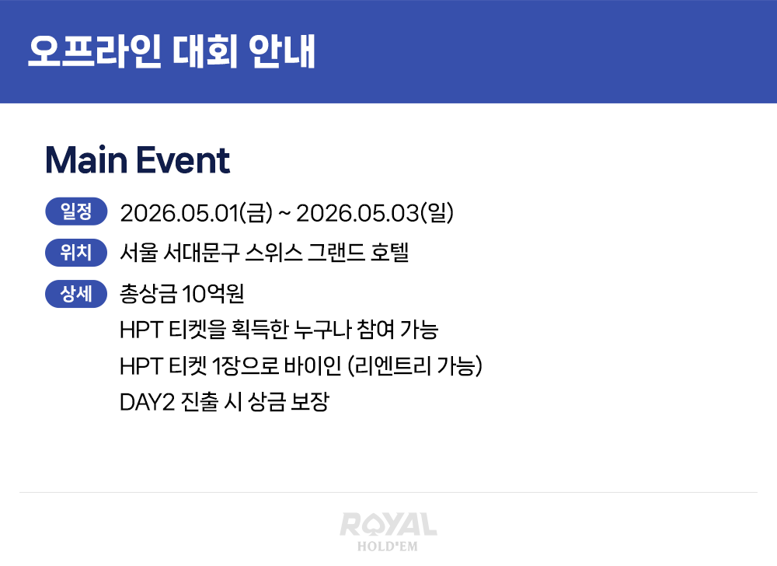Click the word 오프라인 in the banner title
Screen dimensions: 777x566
click(x=95, y=51)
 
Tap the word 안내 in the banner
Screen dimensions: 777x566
click(x=282, y=51)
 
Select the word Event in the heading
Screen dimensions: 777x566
click(x=183, y=160)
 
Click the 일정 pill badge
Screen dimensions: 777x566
click(x=76, y=211)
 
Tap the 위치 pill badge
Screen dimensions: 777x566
click(x=76, y=252)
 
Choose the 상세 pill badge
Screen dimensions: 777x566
click(x=76, y=294)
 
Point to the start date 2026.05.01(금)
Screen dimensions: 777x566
click(x=197, y=213)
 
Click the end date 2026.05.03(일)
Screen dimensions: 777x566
click(x=375, y=213)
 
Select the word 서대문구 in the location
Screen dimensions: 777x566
click(x=201, y=253)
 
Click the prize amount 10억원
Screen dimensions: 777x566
click(x=213, y=294)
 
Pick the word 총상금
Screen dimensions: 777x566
click(x=148, y=294)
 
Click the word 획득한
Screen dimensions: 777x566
click(x=260, y=330)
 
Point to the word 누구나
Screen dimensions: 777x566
click(x=322, y=330)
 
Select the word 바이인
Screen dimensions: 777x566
click(x=312, y=365)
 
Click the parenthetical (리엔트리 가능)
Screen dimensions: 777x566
click(x=415, y=365)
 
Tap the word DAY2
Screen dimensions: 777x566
click(x=147, y=402)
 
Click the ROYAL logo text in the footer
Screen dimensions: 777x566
click(x=388, y=525)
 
